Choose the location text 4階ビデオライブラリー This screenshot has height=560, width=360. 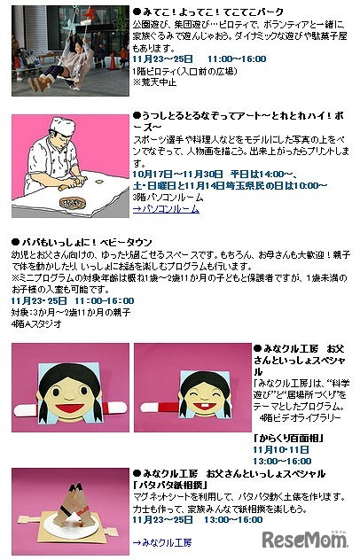[x=301, y=416]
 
